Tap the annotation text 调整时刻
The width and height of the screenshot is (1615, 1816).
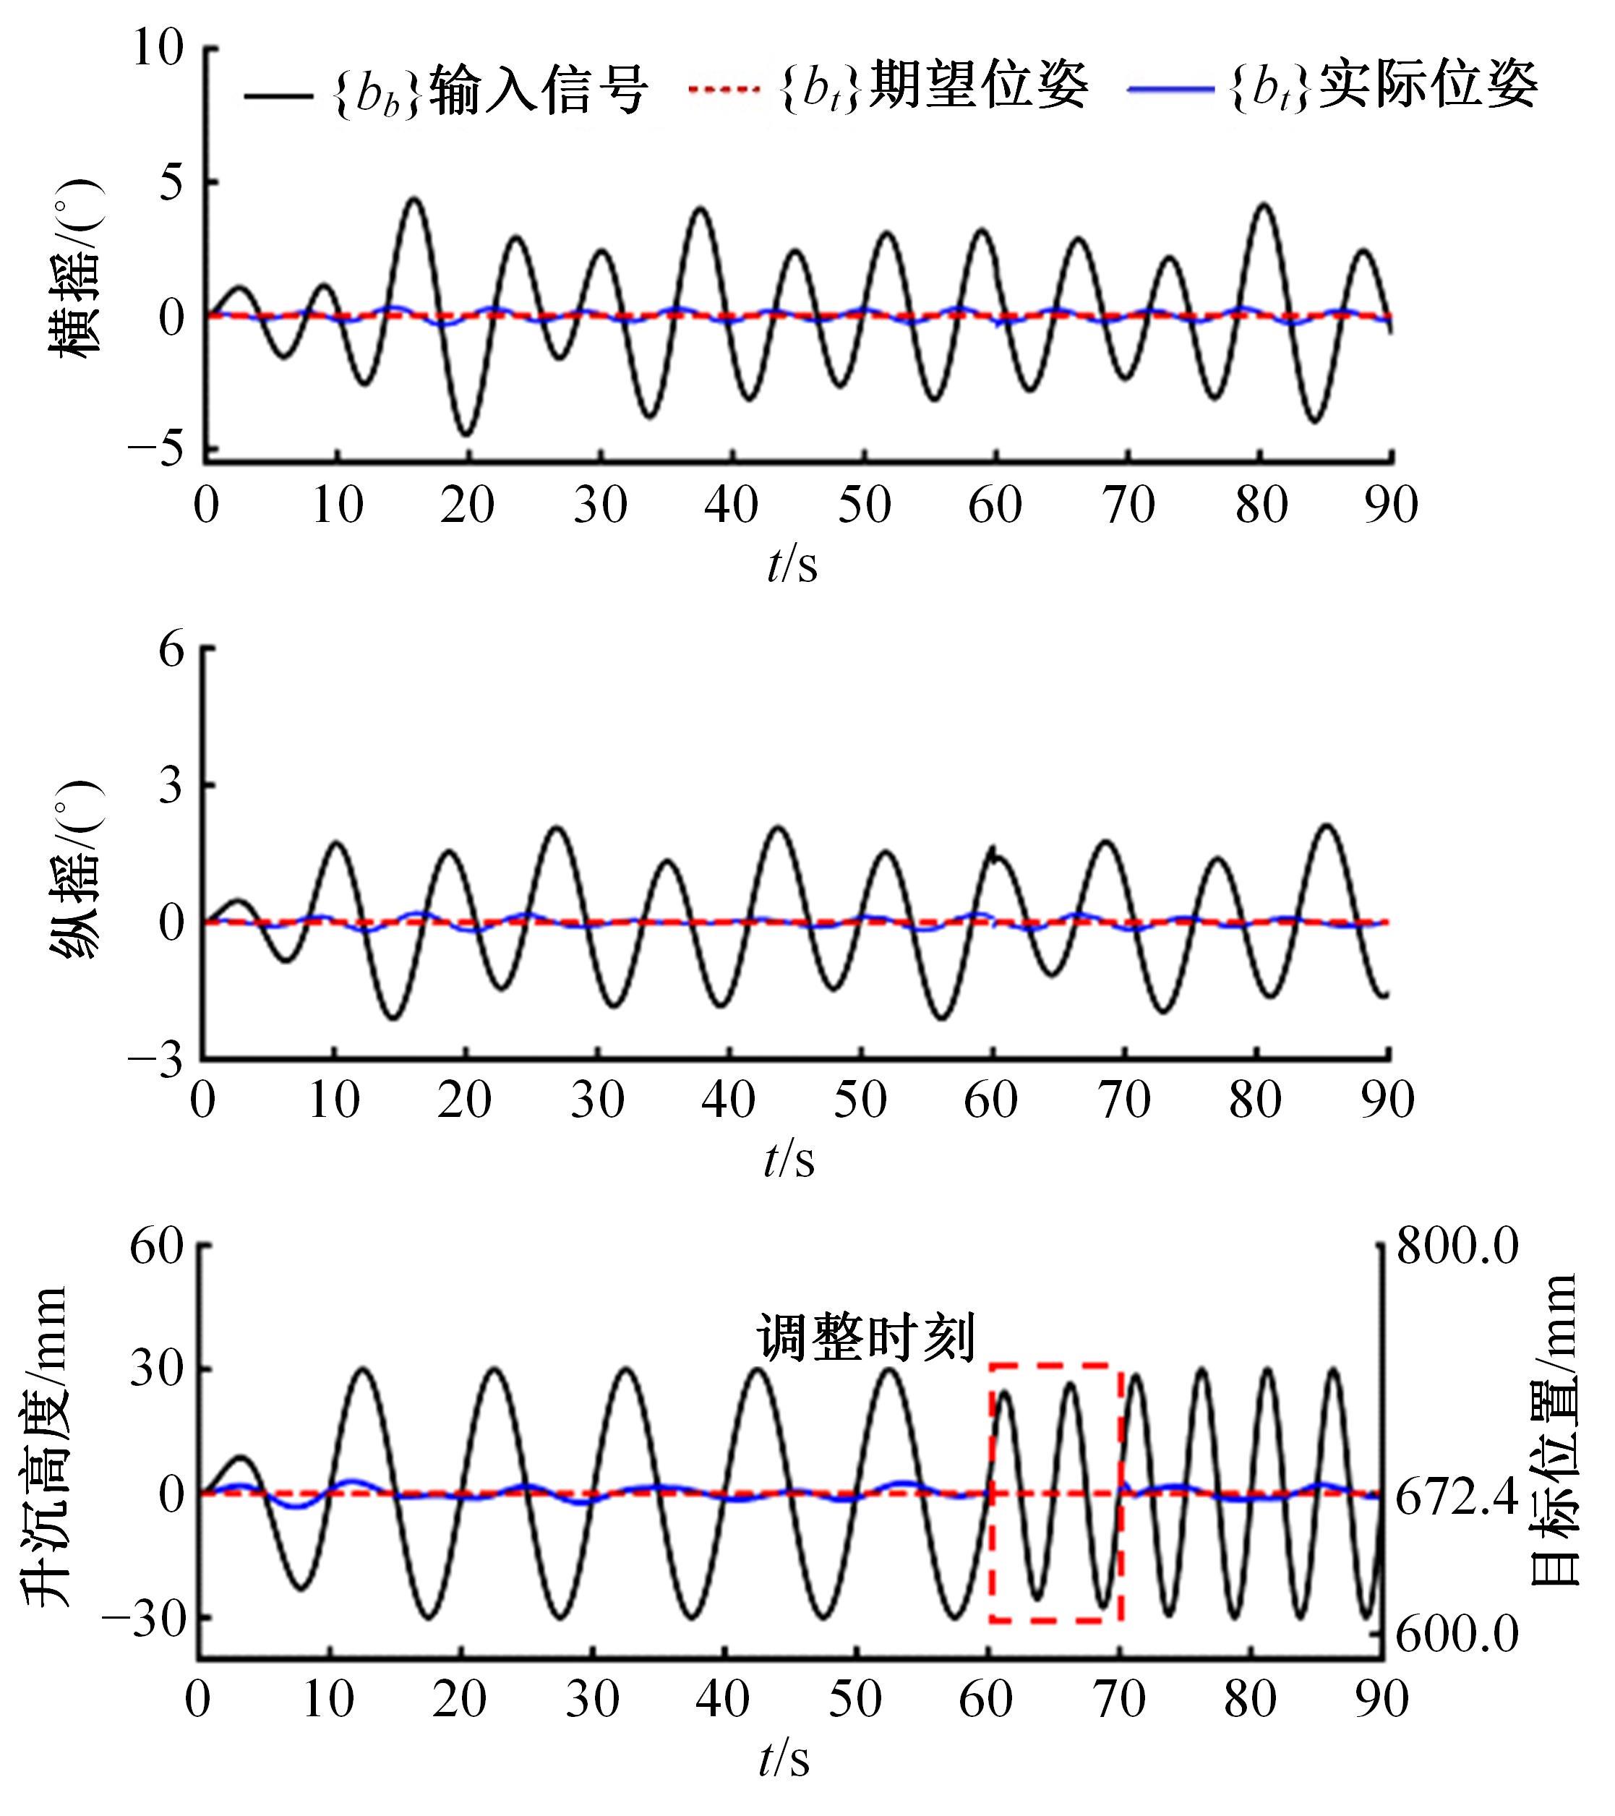click(x=865, y=1337)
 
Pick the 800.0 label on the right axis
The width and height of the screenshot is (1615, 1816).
click(x=1457, y=1247)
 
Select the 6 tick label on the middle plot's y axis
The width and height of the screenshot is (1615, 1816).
click(x=171, y=651)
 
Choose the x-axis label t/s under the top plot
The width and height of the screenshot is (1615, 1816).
click(x=792, y=564)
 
